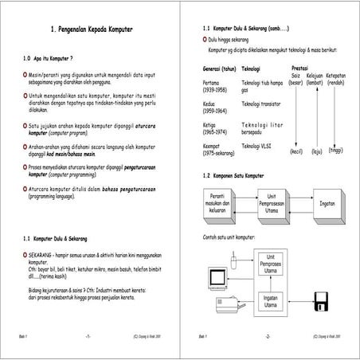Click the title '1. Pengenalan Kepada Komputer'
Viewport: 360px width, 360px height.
[91, 30]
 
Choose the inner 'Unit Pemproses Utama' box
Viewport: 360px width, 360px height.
[271, 264]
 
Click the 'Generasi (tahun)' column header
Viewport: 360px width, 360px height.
[220, 68]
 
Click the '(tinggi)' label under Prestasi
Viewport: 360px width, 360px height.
[335, 150]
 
